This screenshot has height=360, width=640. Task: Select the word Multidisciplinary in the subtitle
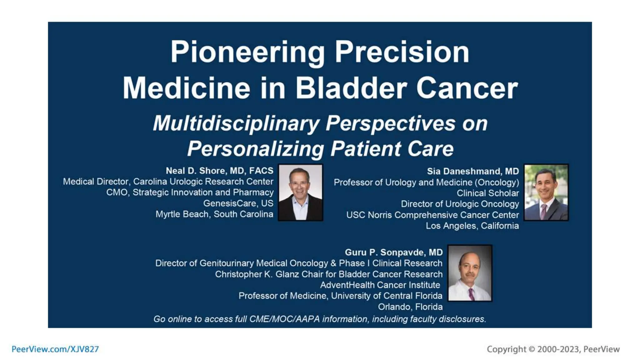236,123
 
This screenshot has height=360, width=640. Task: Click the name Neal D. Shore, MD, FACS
219,171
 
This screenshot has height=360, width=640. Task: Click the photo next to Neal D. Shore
300,192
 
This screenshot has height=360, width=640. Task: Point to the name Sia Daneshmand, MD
473,171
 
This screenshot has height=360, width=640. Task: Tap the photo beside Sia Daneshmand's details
546,192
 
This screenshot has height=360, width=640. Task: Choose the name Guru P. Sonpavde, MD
394,252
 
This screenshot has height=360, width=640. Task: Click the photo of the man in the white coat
470,273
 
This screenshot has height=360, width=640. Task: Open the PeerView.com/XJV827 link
55,349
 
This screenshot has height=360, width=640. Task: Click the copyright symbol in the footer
532,349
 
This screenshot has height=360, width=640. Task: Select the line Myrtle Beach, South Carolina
214,214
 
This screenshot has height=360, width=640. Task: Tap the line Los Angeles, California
472,226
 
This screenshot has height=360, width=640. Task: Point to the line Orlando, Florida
410,307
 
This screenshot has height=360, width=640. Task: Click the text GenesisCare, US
238,203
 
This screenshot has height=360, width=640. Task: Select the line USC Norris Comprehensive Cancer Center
432,215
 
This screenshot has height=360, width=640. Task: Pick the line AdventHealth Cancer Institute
380,285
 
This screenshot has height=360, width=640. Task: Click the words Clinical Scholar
487,193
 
